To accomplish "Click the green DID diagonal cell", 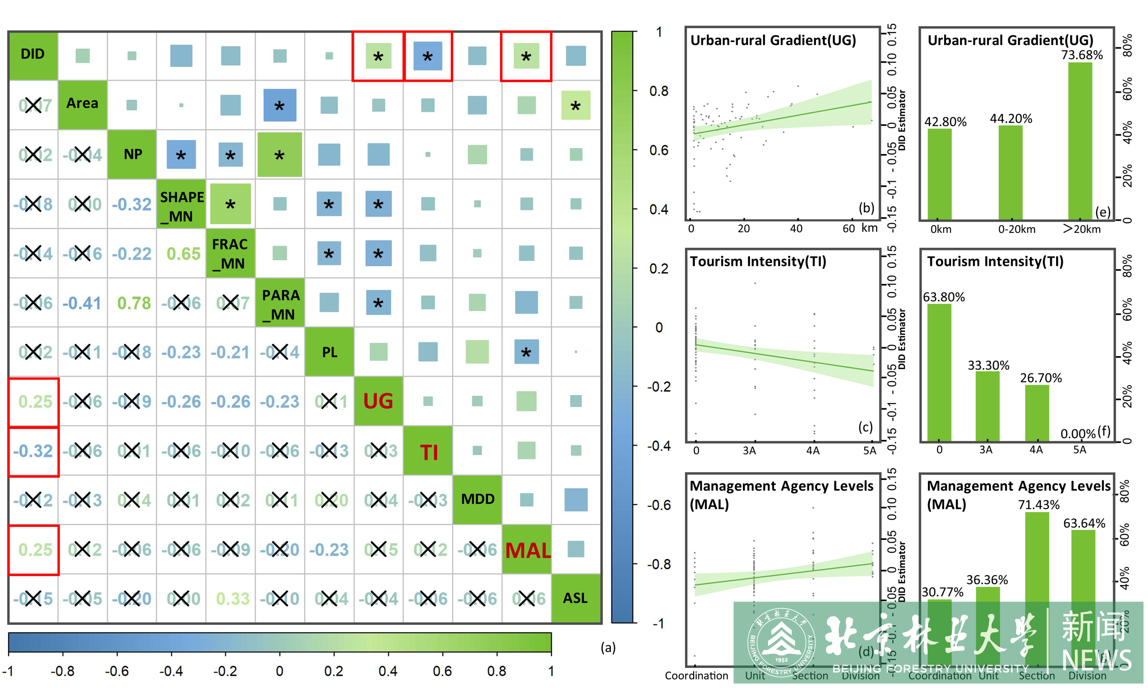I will [33, 55].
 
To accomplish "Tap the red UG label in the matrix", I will [378, 401].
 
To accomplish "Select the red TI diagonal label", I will [429, 452].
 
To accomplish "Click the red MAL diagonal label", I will [528, 550].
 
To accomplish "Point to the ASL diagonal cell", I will [575, 599].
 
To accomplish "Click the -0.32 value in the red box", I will [33, 451].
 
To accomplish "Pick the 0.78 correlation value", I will [134, 303].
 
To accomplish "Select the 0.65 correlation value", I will [183, 254].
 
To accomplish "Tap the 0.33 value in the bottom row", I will [233, 599].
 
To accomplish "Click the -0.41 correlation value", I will [82, 303].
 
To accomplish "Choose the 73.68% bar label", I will [1082, 55].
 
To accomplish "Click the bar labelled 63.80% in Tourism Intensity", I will [939, 373].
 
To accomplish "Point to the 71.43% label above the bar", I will [1038, 505].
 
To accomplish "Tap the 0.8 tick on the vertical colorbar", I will [659, 91].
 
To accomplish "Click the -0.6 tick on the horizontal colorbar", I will [117, 671].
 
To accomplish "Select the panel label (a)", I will [608, 648].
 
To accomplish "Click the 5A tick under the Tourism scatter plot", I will [870, 450].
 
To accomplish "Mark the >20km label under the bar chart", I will [1082, 229].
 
